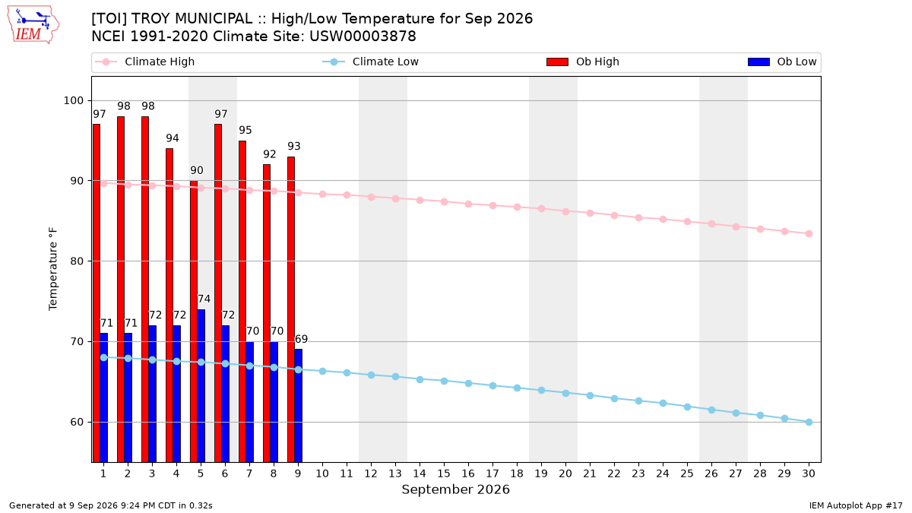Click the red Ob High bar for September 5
point(194,321)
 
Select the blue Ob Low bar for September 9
point(299,406)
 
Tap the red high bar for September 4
point(169,306)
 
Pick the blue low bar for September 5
point(201,386)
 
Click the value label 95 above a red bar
point(245,130)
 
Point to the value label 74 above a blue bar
point(204,299)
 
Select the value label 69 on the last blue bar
point(301,339)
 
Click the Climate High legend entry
point(145,62)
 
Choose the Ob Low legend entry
point(782,62)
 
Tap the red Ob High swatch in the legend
point(557,62)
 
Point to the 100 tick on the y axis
point(73,100)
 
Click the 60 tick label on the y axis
point(77,423)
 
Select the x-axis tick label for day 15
point(444,473)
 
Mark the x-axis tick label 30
point(809,473)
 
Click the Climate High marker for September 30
point(809,234)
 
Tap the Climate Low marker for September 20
point(565,394)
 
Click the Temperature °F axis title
point(53,269)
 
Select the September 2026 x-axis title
point(455,489)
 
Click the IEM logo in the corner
point(33,25)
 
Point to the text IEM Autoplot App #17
point(856,505)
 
